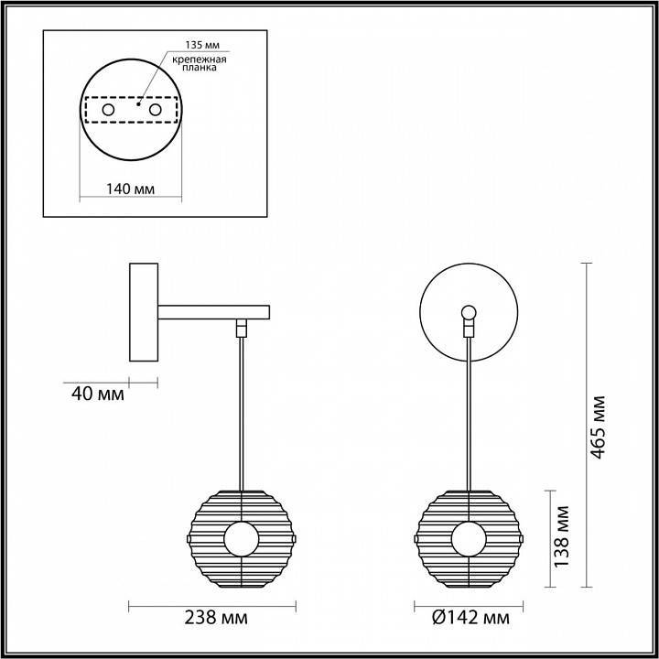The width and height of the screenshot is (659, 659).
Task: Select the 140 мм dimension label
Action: pos(129,189)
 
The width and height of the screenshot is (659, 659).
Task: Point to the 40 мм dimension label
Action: pos(97,395)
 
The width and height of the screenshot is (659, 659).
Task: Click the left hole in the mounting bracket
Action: pos(108,110)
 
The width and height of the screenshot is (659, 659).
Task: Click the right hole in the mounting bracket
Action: pos(155,110)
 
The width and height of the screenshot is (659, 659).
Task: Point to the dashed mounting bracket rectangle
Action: pos(129,97)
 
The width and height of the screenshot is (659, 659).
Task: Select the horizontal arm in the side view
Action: pos(215,312)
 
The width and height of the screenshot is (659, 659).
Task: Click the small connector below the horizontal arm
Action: pos(242,327)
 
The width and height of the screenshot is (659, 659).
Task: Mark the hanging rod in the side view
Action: pos(242,412)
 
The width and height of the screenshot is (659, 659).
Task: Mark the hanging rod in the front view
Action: pos(470,412)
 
